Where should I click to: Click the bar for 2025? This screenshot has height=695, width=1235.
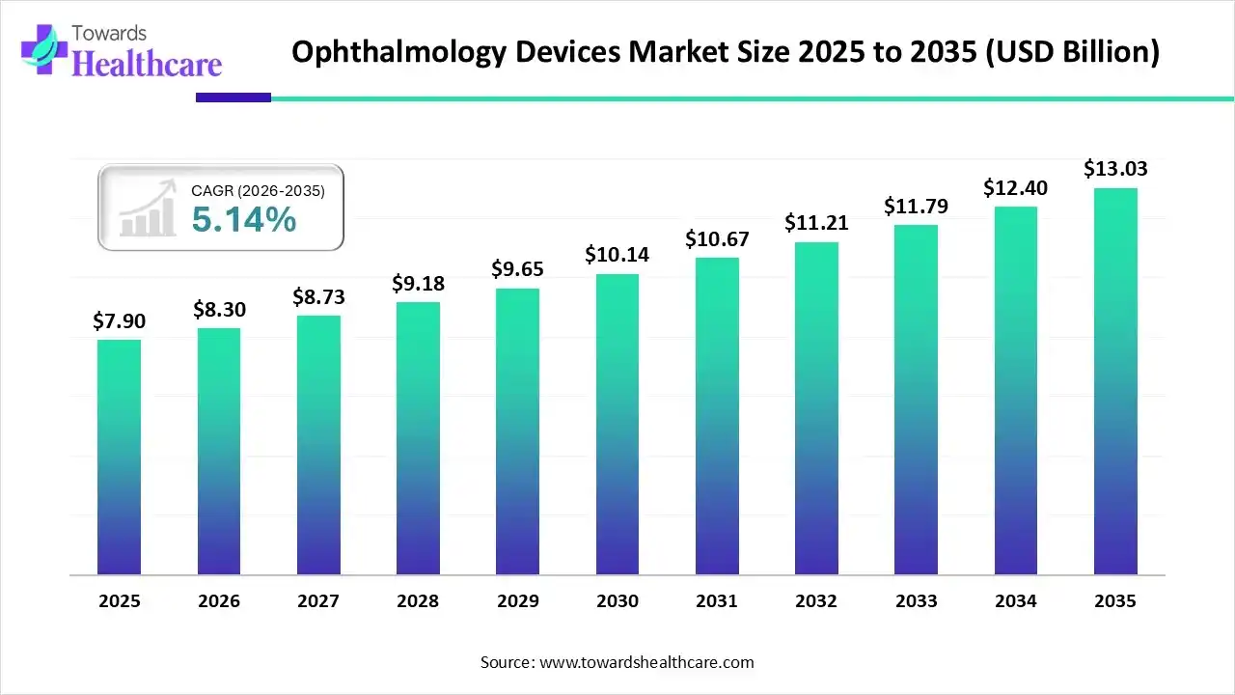pyautogui.click(x=119, y=458)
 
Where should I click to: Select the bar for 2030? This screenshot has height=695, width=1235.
pyautogui.click(x=617, y=425)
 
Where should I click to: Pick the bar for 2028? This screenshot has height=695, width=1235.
pyautogui.click(x=418, y=438)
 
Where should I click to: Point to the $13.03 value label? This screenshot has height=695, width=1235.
pyautogui.click(x=1115, y=169)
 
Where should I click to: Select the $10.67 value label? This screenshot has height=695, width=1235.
pyautogui.click(x=717, y=238)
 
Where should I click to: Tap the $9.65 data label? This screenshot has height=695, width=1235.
pyautogui.click(x=517, y=269)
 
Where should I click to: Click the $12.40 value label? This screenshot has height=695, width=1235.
pyautogui.click(x=1015, y=187)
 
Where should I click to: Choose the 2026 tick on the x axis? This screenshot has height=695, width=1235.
pyautogui.click(x=218, y=601)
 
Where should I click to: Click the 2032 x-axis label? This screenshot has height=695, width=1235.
pyautogui.click(x=816, y=601)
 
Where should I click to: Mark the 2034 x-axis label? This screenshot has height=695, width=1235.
pyautogui.click(x=1015, y=601)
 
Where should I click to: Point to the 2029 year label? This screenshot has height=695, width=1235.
pyautogui.click(x=517, y=601)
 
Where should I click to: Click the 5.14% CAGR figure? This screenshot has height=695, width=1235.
pyautogui.click(x=243, y=220)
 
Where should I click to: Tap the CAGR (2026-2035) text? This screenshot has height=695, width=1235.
pyautogui.click(x=258, y=191)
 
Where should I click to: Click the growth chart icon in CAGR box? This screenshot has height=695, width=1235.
pyautogui.click(x=147, y=208)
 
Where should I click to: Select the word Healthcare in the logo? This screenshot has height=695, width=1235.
pyautogui.click(x=148, y=64)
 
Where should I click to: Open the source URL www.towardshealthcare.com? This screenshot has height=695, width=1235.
pyautogui.click(x=645, y=662)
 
